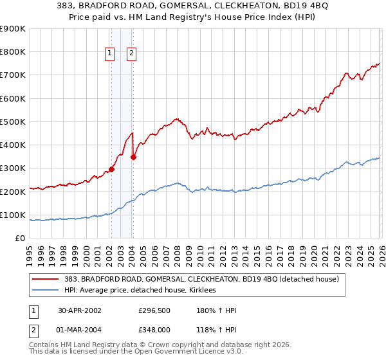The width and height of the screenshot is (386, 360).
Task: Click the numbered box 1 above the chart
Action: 110,54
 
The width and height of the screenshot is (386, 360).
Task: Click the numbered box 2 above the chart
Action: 131,54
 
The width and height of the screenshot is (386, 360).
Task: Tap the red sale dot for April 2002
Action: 111,170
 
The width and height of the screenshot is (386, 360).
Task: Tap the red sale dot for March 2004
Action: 133,157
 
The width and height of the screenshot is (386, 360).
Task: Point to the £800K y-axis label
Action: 13,52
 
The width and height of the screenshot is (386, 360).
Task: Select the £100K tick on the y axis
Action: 13,215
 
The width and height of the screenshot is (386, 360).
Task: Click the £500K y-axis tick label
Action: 13,122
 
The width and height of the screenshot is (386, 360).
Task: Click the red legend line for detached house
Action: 45,280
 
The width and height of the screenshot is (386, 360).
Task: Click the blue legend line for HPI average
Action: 45,291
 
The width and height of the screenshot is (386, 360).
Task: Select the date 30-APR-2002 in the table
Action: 79,310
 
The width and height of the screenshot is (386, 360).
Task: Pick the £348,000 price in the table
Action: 154,330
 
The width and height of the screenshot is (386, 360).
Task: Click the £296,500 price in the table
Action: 154,310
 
